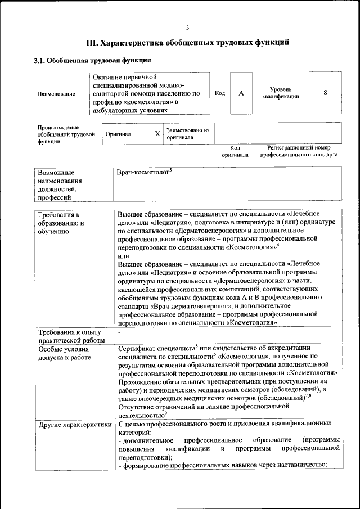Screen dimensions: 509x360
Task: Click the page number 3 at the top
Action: [188, 28]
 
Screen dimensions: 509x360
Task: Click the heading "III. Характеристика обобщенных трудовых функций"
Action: [188, 42]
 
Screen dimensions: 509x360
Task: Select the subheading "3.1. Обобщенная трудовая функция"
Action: [92, 60]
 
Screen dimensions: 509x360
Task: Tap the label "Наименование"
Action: [56, 94]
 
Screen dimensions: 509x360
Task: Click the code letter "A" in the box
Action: [241, 93]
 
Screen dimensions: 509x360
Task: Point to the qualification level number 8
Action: [325, 93]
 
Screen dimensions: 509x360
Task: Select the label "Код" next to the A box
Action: [220, 93]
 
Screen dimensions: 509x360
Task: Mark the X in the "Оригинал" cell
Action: [157, 134]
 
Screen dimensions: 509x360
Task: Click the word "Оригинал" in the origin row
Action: [118, 134]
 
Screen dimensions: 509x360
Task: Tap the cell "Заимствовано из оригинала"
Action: [187, 133]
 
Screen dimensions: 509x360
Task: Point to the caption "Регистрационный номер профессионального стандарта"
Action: [299, 151]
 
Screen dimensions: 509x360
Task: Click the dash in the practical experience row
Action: [120, 333]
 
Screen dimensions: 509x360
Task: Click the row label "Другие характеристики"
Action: [74, 424]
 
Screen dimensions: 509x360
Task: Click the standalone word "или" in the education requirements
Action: [123, 255]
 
